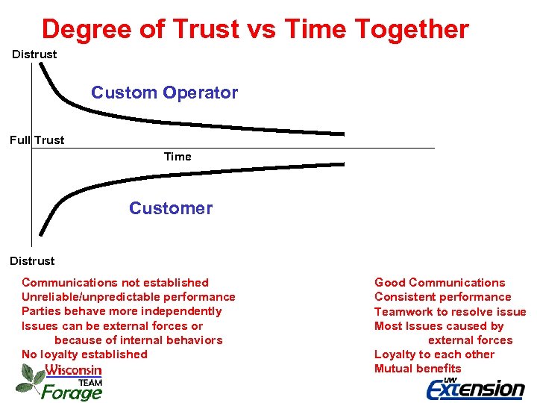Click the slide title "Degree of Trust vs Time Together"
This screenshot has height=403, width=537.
click(255, 29)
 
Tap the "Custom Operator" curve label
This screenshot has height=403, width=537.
click(164, 93)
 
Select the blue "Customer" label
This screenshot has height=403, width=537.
click(170, 208)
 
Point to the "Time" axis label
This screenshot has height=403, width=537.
click(178, 157)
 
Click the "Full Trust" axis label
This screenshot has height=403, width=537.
click(37, 140)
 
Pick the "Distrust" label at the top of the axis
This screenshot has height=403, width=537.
click(34, 54)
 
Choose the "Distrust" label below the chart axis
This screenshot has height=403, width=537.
click(32, 261)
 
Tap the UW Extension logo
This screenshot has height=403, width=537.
click(475, 387)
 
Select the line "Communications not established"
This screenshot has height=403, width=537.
click(115, 283)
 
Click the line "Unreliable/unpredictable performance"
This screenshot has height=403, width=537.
click(128, 297)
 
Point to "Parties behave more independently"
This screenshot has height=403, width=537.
click(122, 311)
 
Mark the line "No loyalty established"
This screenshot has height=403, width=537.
click(84, 354)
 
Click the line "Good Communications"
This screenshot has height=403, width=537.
click(439, 283)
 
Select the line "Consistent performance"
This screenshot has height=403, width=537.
click(442, 297)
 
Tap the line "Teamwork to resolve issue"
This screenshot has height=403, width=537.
click(450, 312)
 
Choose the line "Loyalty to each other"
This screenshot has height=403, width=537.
click(434, 354)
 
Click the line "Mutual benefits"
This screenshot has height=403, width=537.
click(418, 369)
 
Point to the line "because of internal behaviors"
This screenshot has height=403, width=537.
click(143, 340)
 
